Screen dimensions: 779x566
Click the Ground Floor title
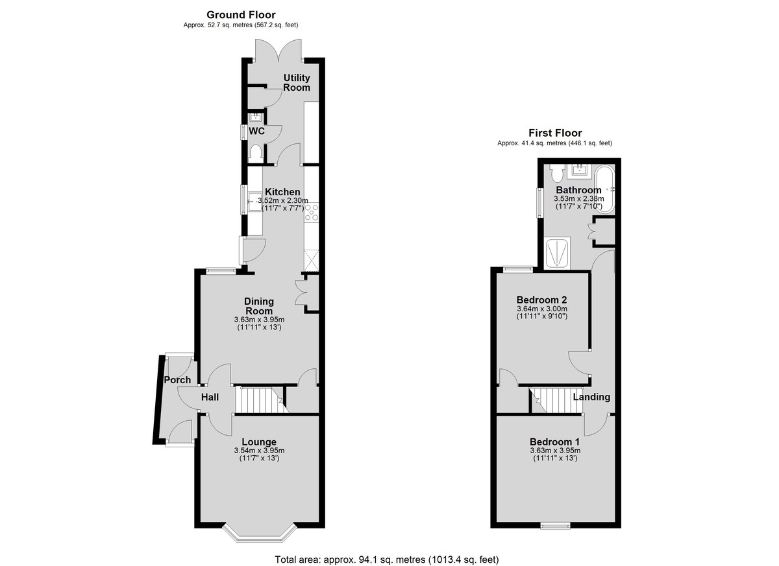point(241,14)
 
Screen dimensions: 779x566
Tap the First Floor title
point(555,133)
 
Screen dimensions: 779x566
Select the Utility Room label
point(297,82)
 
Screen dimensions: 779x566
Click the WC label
point(256,131)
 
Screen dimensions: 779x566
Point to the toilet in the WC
point(256,153)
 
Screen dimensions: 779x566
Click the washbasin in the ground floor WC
point(256,117)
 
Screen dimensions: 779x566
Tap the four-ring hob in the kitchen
point(311,213)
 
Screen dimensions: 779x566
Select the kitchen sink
point(254,201)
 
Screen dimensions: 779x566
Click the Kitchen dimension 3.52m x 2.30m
point(282,201)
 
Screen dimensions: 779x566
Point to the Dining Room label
point(259,306)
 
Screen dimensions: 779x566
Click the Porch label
point(177,380)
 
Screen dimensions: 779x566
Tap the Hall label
point(210,397)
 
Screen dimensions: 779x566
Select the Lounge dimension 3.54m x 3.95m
point(259,451)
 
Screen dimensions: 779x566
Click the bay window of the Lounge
point(260,539)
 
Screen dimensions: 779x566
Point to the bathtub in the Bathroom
point(605,190)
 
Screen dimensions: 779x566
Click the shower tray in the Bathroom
point(558,253)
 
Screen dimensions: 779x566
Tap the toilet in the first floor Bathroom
point(557,172)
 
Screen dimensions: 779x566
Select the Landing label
point(591,397)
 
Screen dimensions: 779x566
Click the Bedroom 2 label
point(542,300)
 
